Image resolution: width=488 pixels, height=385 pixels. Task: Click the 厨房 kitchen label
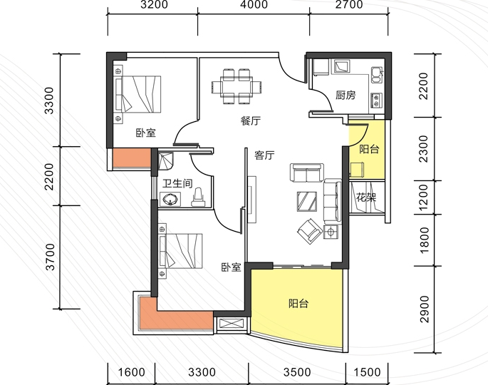click(346, 95)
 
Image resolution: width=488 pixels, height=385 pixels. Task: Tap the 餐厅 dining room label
click(251, 120)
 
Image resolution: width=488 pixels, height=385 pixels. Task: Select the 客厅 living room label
click(264, 155)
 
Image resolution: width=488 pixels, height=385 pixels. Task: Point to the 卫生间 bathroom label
click(177, 183)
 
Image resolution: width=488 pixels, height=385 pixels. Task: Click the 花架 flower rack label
click(366, 197)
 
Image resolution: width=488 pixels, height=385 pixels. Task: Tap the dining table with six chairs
click(237, 86)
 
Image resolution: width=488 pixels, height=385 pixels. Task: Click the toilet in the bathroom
click(198, 197)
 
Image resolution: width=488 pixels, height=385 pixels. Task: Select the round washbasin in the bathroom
click(170, 200)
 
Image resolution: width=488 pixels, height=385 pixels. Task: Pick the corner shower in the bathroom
click(166, 160)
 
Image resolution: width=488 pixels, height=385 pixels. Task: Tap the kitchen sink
click(376, 75)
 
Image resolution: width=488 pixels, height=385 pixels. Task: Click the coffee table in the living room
click(307, 201)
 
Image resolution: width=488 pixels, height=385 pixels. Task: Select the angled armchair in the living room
click(310, 231)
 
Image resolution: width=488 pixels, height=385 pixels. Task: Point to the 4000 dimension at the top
click(254, 5)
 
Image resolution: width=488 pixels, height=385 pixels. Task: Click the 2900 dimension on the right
click(424, 309)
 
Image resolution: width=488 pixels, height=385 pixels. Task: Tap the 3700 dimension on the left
click(50, 257)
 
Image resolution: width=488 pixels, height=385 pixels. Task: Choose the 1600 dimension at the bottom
click(131, 372)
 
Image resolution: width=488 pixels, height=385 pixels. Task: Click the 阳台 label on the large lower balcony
click(298, 303)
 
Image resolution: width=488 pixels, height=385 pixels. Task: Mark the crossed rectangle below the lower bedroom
click(231, 324)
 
